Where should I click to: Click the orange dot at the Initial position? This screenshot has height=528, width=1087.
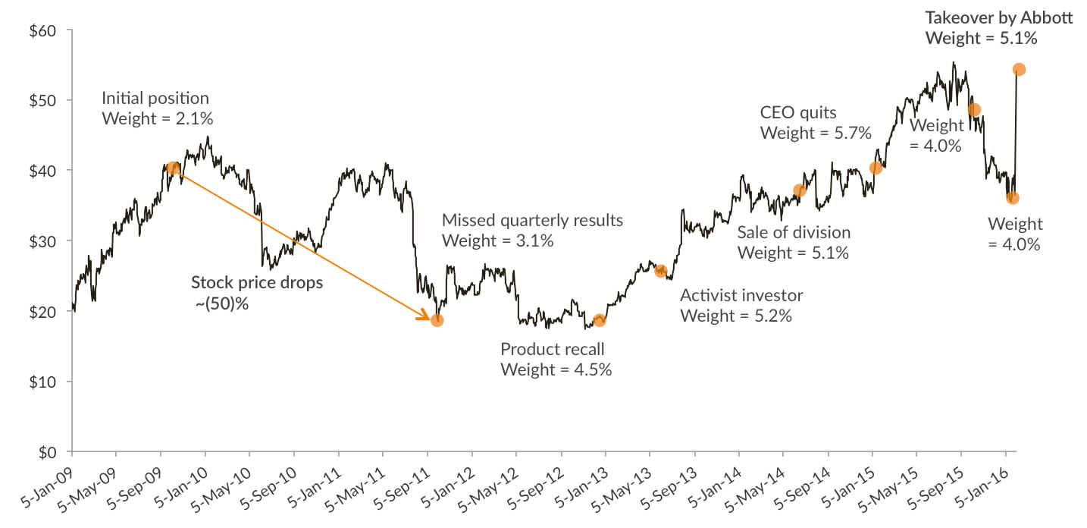pyautogui.click(x=173, y=168)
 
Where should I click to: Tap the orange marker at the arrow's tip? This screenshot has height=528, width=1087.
pyautogui.click(x=437, y=320)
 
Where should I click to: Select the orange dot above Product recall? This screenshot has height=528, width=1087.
pyautogui.click(x=600, y=320)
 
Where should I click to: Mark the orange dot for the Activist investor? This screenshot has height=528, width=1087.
pyautogui.click(x=660, y=271)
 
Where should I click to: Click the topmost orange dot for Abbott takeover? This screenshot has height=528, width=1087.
pyautogui.click(x=1019, y=69)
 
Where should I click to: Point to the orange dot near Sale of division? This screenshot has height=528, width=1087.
pyautogui.click(x=799, y=190)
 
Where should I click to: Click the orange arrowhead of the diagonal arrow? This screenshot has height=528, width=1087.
pyautogui.click(x=425, y=317)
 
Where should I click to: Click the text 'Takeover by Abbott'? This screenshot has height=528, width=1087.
pyautogui.click(x=998, y=17)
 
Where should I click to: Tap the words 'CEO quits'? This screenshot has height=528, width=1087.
pyautogui.click(x=798, y=113)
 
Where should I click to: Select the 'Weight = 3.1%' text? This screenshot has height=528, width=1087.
pyautogui.click(x=497, y=241)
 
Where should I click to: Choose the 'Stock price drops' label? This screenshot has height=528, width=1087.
pyautogui.click(x=256, y=283)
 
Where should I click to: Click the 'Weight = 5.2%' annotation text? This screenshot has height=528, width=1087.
pyautogui.click(x=736, y=316)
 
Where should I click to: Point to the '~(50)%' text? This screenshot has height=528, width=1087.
pyautogui.click(x=221, y=303)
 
